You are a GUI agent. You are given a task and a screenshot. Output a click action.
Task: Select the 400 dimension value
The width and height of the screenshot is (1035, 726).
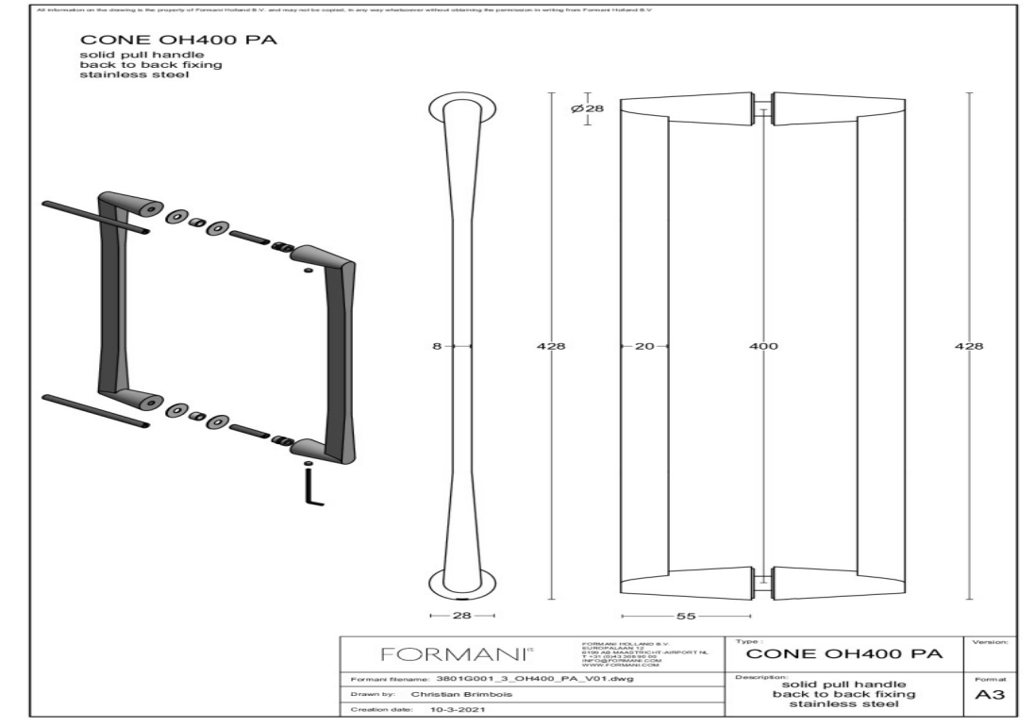(763, 346)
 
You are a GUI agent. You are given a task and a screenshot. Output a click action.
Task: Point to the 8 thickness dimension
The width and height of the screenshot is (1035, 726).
(437, 346)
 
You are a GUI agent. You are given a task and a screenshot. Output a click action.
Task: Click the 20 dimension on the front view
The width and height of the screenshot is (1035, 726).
(643, 346)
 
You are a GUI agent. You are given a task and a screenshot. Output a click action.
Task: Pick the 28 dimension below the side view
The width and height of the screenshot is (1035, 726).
(461, 615)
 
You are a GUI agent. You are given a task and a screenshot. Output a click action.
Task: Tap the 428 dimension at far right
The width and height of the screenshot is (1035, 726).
(969, 346)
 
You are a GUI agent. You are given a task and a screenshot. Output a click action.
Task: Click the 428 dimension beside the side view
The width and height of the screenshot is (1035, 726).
(550, 346)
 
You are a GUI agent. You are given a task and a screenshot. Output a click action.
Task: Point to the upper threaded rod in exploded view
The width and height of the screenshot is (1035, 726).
(95, 216)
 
